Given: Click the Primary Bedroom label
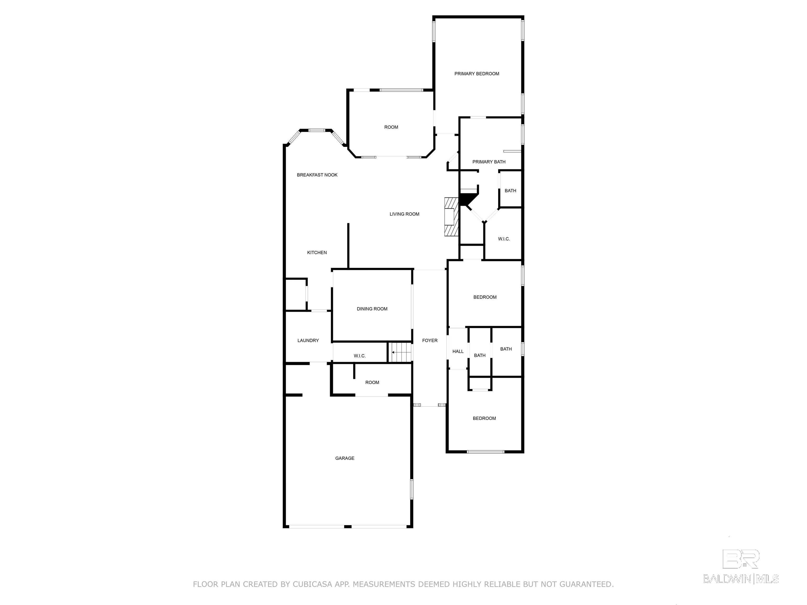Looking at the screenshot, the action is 477,74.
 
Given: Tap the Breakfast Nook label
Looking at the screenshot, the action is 317,175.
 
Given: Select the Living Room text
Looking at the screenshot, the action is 404,214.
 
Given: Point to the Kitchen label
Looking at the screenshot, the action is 317,252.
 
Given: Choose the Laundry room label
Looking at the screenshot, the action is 308,341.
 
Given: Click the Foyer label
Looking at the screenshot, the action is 430,341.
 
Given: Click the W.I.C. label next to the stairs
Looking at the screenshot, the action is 360,356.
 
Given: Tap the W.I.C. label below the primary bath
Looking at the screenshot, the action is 504,239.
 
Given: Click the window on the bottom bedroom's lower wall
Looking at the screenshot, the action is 485,452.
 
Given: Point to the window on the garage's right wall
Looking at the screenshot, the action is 412,489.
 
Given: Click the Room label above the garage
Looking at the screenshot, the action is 372,383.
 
